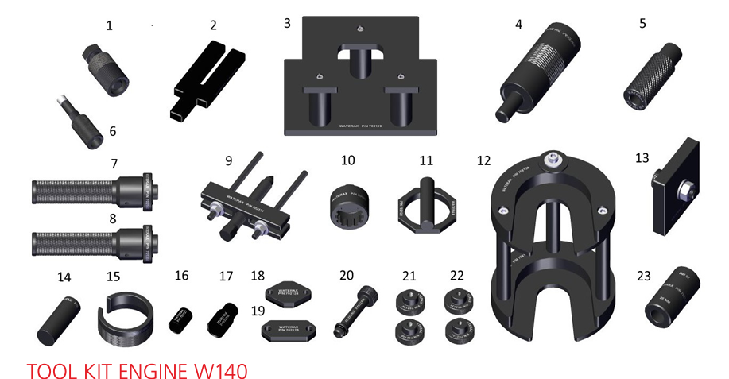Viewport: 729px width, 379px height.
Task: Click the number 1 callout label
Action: [x=109, y=26]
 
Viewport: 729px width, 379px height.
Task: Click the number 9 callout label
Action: [x=228, y=160]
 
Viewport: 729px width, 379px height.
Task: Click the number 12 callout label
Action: [x=484, y=160]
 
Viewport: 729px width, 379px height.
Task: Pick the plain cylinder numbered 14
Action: [x=56, y=319]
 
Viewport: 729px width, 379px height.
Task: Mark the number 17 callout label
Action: [x=227, y=276]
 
